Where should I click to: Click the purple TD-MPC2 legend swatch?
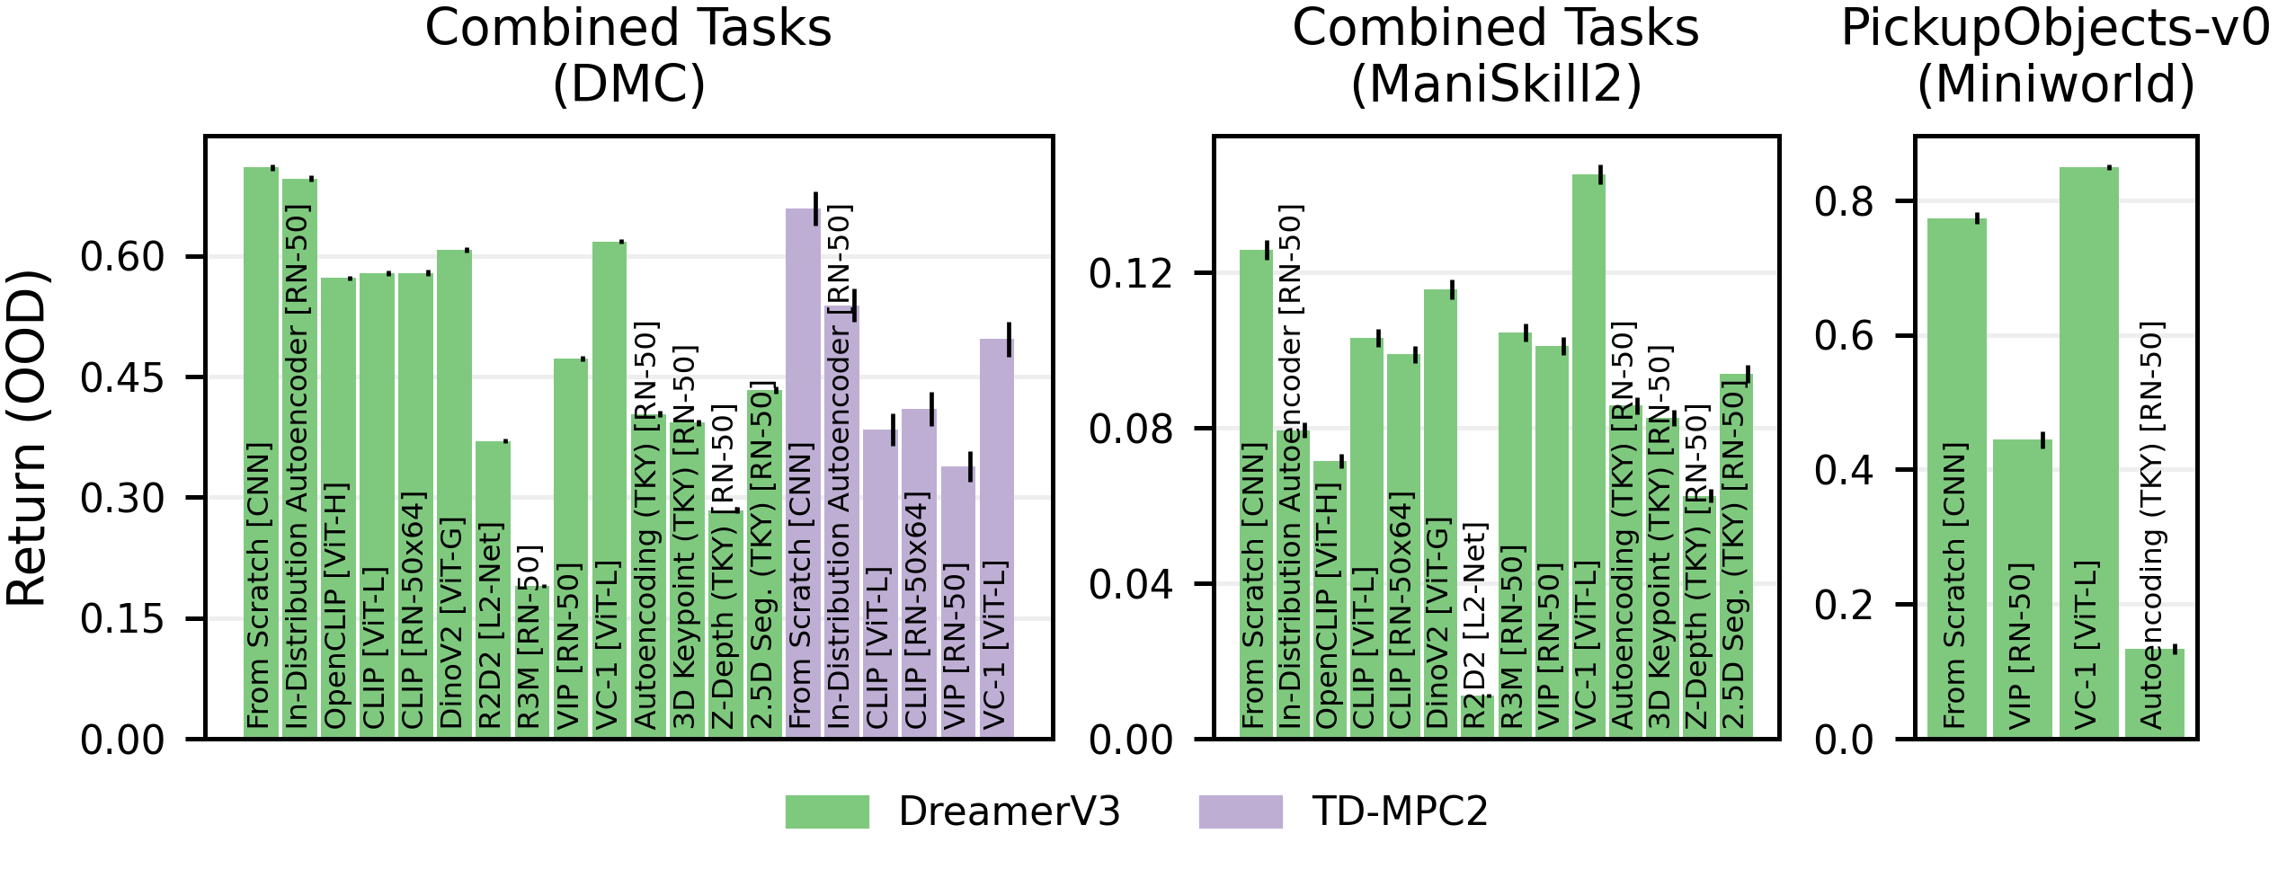pyautogui.click(x=1240, y=811)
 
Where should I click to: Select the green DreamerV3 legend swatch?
pyautogui.click(x=826, y=811)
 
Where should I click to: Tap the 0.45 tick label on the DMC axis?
pyautogui.click(x=122, y=377)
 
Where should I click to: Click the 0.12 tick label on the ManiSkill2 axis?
pyautogui.click(x=1131, y=273)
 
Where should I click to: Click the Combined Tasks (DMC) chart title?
pyautogui.click(x=627, y=56)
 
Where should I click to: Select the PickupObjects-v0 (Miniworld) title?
pyautogui.click(x=2055, y=56)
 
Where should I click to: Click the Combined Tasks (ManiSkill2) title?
pyautogui.click(x=1495, y=56)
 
